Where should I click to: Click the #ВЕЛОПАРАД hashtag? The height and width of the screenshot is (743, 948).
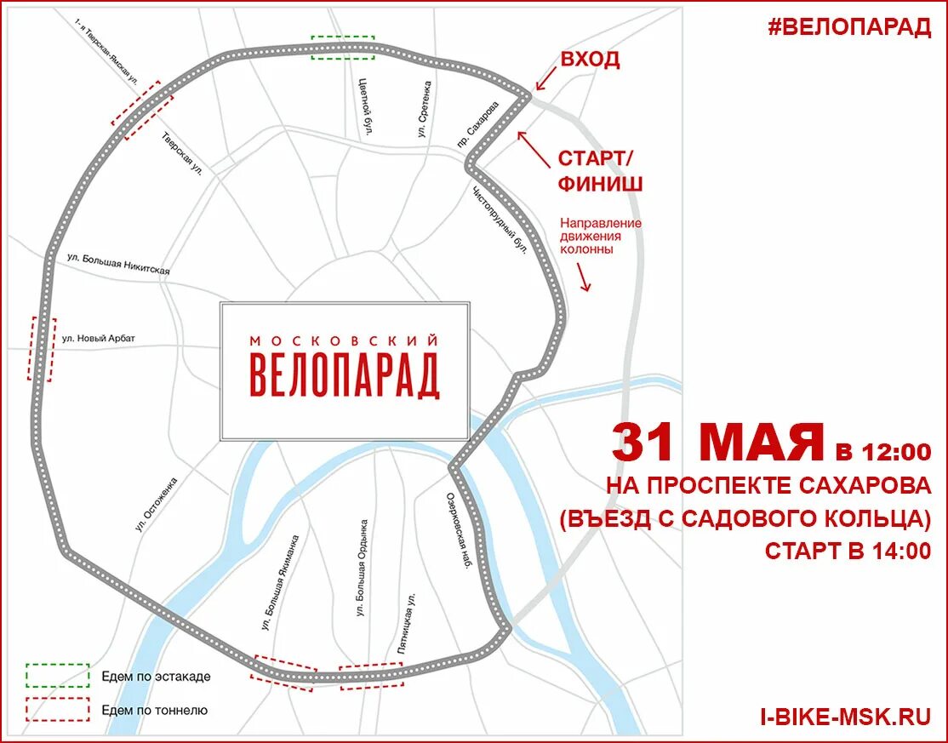click(848, 26)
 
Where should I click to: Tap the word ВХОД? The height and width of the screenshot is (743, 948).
click(589, 60)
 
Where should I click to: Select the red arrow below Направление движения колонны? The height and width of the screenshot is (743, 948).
click(583, 277)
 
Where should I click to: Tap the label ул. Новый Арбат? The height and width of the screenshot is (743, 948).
click(99, 339)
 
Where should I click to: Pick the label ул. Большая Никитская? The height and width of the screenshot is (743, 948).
click(118, 264)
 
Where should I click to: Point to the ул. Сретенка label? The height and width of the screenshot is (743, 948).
click(424, 110)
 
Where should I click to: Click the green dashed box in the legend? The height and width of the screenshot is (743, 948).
click(57, 675)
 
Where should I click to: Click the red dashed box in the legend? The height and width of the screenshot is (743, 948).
click(57, 709)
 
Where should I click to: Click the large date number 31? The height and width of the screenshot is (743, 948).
click(651, 443)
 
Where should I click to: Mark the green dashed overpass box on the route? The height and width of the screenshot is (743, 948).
click(343, 48)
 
